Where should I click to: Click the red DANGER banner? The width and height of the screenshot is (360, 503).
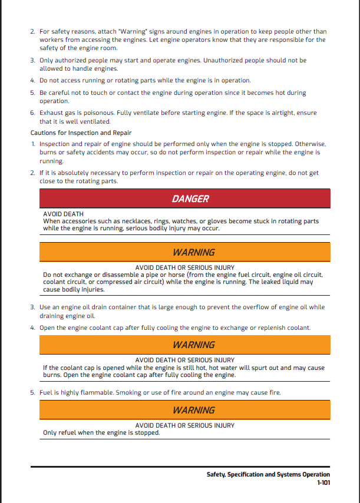190,198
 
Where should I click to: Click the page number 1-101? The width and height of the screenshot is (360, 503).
323,482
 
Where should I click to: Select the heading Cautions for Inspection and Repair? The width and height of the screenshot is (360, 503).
81,133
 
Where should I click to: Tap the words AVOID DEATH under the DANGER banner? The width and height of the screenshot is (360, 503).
63,214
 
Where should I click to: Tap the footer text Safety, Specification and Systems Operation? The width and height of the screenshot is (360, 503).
268,474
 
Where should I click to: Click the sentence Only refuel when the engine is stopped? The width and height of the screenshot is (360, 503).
101,432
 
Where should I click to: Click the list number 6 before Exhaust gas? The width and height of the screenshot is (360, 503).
32,112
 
